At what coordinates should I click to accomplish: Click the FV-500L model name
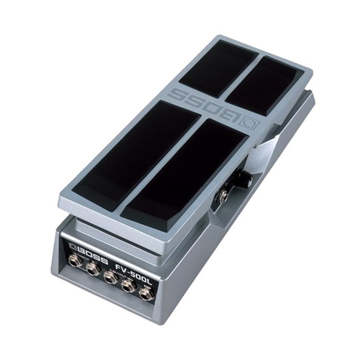tap(135, 268)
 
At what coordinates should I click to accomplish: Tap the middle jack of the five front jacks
tap(110, 277)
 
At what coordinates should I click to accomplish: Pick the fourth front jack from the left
tap(129, 284)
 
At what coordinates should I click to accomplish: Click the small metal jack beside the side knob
tap(224, 196)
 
